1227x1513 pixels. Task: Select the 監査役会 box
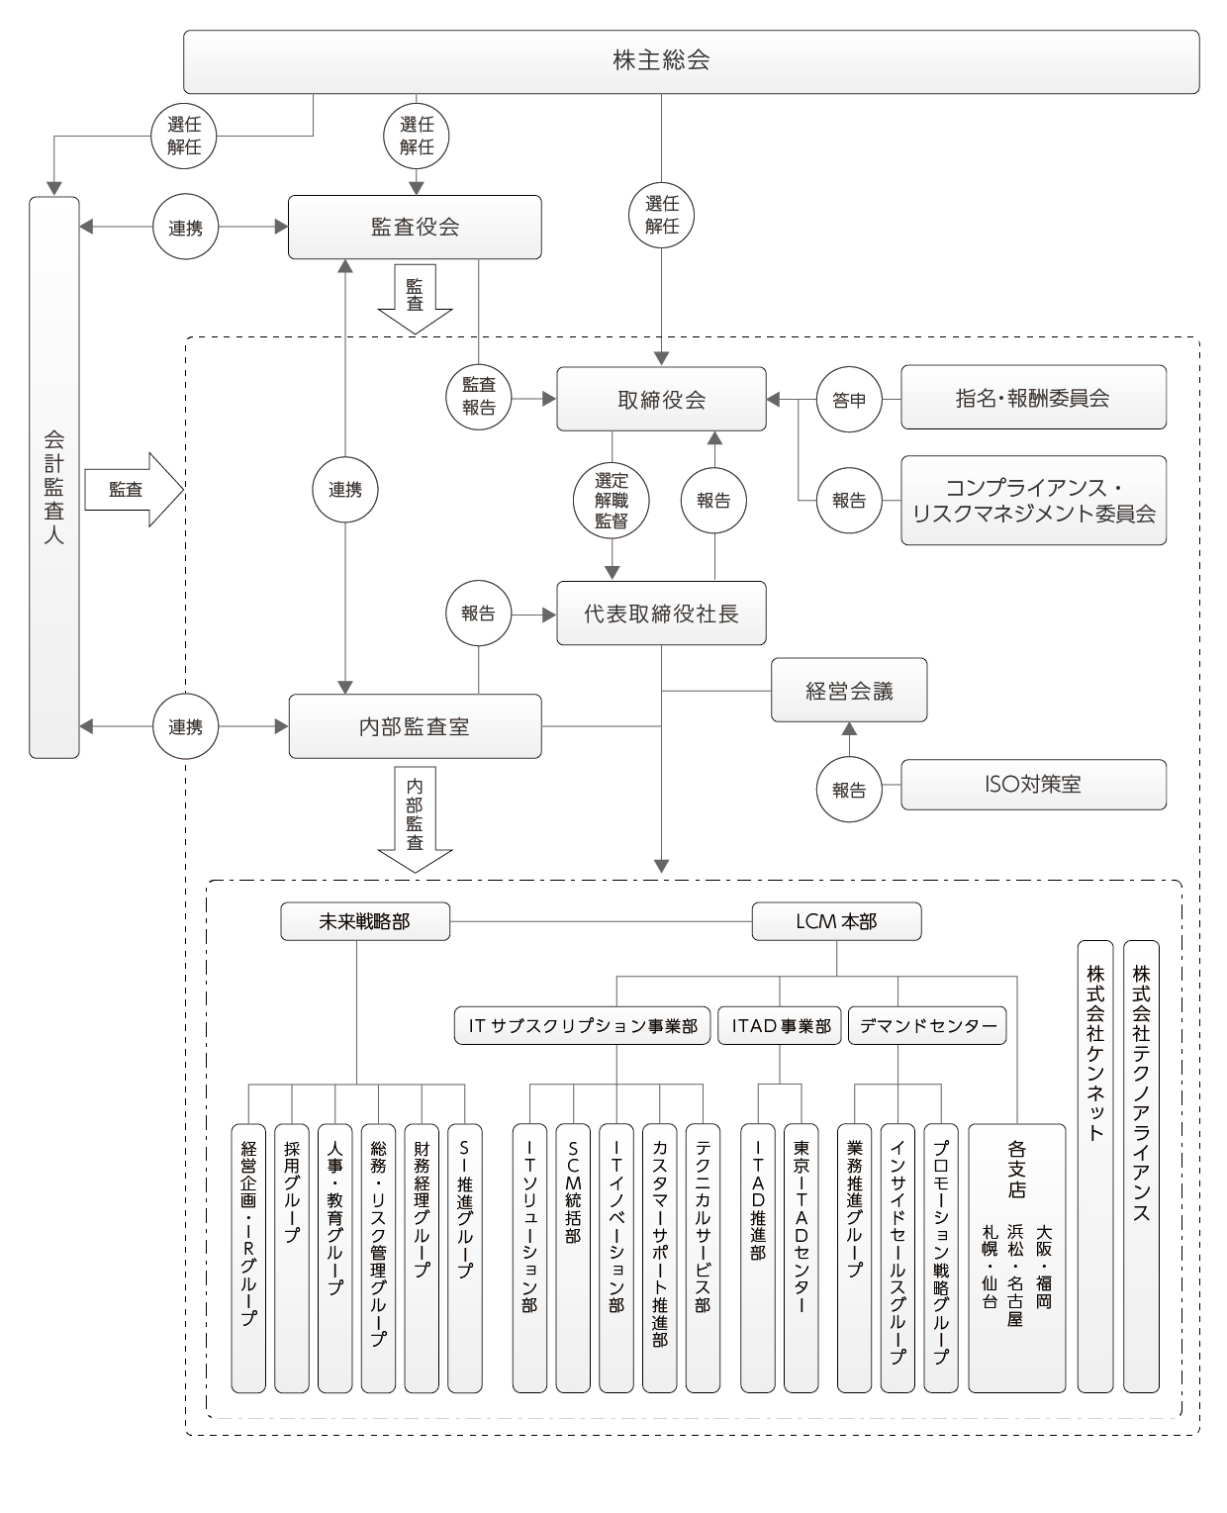pos(415,227)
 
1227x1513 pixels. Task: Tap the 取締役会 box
pos(661,400)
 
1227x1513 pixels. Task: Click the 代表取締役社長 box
pos(661,614)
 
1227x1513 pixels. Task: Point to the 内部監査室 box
pos(415,726)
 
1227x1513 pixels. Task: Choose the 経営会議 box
pos(849,691)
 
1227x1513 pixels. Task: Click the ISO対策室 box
pos(1033,785)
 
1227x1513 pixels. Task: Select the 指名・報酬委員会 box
pos(1033,398)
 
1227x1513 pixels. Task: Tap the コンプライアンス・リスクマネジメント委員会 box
pos(1033,500)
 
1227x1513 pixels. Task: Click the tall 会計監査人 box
pos(54,477)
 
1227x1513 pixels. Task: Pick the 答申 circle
pos(848,401)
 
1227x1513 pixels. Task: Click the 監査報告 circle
pos(478,396)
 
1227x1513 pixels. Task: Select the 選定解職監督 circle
pos(612,501)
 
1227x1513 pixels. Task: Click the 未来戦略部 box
pos(364,921)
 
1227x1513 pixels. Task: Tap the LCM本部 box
pos(836,921)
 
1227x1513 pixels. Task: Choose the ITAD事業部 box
pos(780,1026)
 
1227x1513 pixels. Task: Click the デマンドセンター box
pos(927,1026)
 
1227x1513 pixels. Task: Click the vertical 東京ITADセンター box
pos(801,1257)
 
